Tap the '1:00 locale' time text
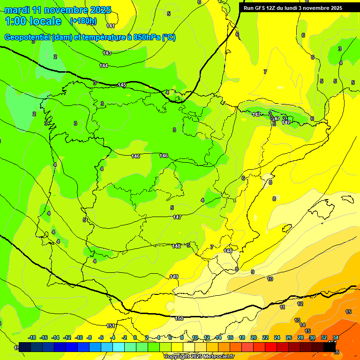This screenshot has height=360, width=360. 33,21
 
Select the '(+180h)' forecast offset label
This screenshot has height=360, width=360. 83,21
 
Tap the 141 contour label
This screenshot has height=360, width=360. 111,26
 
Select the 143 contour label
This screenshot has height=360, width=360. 107,53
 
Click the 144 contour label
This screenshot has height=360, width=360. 104,66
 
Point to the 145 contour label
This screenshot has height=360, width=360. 122,85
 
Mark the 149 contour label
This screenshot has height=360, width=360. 174,277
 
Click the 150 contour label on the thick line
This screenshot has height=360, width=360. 179,318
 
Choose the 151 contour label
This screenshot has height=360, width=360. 111,326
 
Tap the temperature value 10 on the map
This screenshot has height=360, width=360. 270,279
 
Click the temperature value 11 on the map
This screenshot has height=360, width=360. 282,307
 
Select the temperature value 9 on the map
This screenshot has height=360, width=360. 252,272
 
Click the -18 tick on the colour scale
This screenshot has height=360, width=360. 32,337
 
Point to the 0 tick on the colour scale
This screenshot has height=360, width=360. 135,337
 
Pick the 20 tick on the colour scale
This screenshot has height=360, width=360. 254,337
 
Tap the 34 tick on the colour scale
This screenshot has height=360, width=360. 336,337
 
